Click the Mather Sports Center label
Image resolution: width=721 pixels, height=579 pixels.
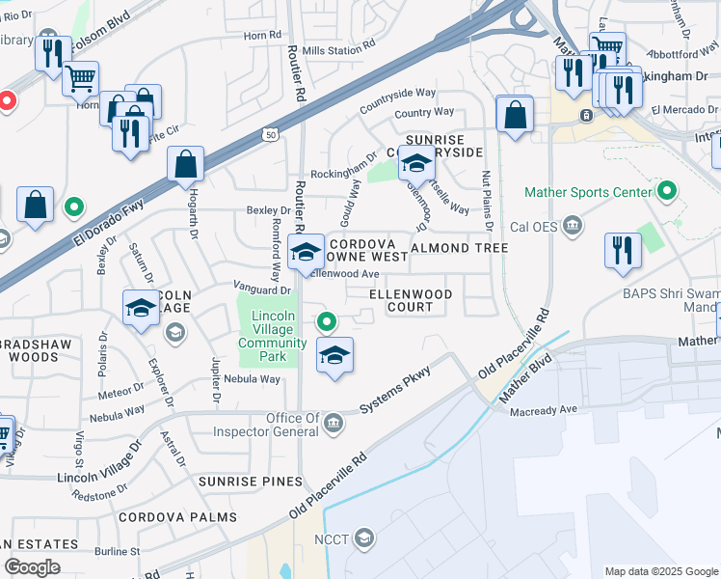(587, 192)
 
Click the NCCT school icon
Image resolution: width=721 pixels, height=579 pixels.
(364, 538)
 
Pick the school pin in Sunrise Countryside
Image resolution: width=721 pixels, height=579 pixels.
(416, 165)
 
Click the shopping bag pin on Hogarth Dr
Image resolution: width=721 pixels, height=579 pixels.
(185, 166)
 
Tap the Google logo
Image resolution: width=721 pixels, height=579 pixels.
(32, 567)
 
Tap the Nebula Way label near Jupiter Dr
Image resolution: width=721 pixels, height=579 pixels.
(252, 379)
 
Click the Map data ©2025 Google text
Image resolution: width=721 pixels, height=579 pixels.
(660, 571)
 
